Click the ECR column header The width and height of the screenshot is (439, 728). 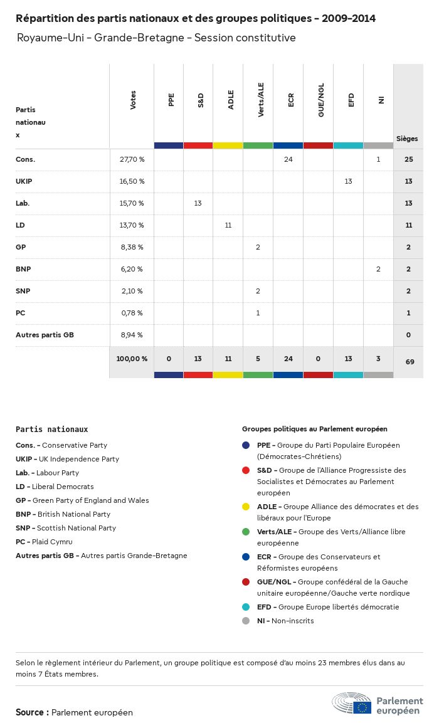point(290,101)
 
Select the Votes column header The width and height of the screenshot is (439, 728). point(132,100)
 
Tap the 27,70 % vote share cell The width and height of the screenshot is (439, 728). point(132,159)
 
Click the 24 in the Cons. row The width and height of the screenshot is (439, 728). point(288,159)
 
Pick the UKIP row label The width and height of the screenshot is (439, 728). point(24,181)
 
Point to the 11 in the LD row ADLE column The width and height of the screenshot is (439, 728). point(228,225)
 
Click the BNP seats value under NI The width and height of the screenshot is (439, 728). point(378,269)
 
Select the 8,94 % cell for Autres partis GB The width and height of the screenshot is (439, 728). point(132,335)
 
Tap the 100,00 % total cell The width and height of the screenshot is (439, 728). point(132,359)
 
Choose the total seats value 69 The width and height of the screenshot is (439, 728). point(409,362)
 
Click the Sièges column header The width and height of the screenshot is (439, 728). point(407,139)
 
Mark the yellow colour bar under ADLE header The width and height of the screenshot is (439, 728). point(228,145)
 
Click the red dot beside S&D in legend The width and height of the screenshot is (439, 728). point(246,470)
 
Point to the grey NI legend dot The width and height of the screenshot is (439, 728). point(246,621)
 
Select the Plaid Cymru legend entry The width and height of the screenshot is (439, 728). point(44,542)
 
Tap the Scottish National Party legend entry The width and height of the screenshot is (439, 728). point(66,528)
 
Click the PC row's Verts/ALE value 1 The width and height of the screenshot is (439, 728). point(258,313)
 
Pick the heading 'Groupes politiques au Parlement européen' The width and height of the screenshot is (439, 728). point(314,429)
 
